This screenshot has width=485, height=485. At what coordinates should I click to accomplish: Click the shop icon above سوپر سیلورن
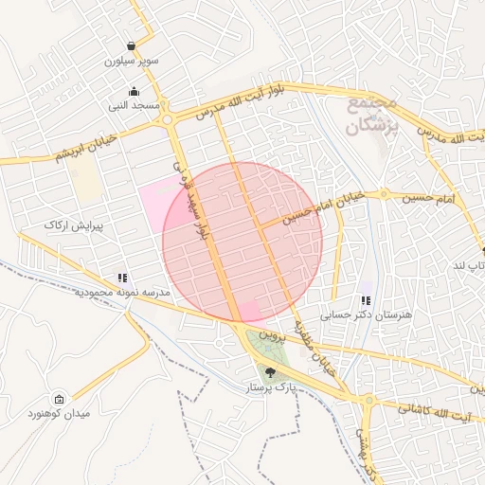pos(131,45)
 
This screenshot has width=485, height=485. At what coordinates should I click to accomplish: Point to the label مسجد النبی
pos(134,107)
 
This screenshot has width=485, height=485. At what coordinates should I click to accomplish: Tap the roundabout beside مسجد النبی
pos(168,119)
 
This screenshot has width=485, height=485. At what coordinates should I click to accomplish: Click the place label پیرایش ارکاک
pos(72,225)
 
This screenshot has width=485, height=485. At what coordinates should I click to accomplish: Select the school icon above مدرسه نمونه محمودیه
pos(122,278)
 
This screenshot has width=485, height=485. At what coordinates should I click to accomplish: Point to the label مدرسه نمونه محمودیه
pos(121,293)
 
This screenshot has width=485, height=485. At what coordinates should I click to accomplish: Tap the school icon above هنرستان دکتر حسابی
pos(366,300)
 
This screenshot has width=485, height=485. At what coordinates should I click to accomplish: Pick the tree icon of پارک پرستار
pos(271,372)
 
